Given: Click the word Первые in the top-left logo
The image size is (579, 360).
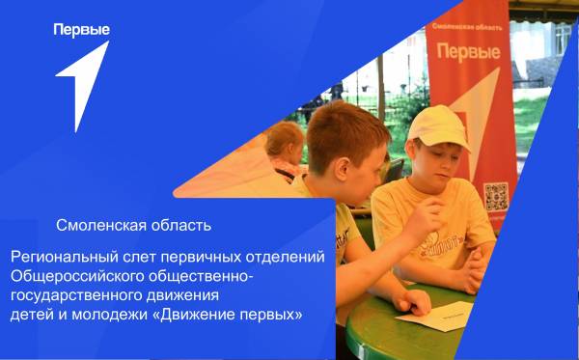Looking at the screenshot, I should pos(81,29).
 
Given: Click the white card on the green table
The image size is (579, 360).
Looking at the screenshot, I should pos(434,315).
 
